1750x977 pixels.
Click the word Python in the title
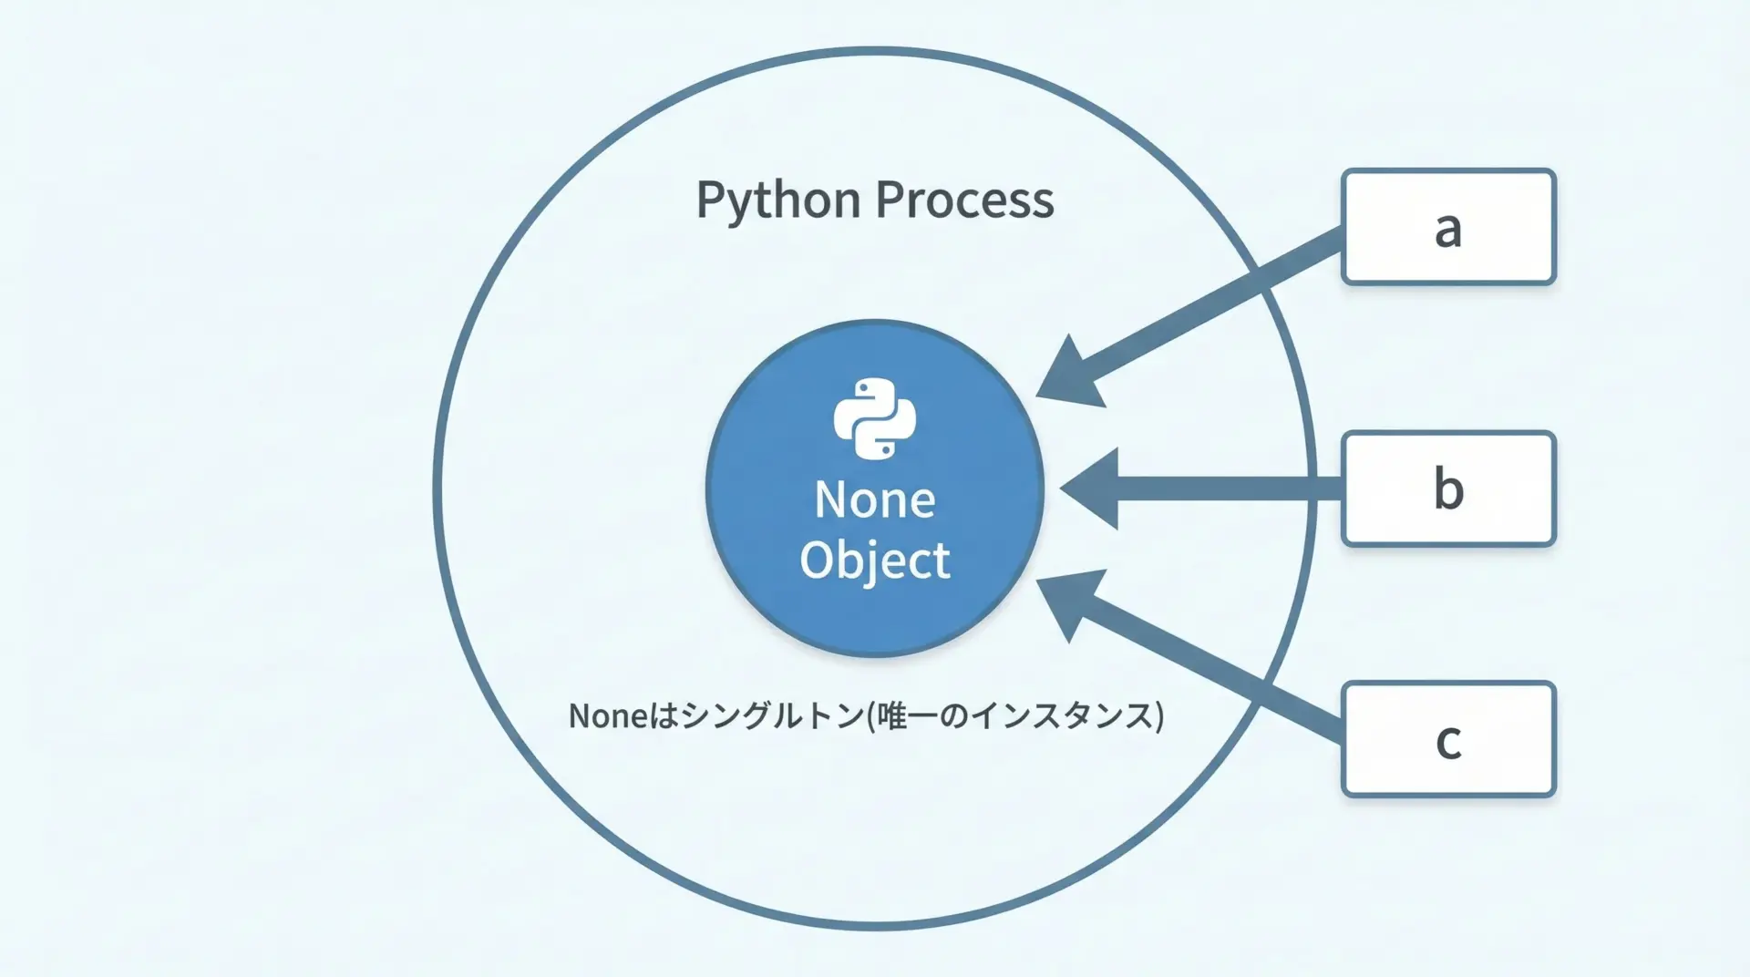(x=778, y=201)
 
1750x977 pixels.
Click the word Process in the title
(x=965, y=201)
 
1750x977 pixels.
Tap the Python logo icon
(x=875, y=418)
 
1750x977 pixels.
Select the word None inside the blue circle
(x=875, y=499)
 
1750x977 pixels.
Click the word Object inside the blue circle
(x=875, y=560)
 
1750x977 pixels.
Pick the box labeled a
(x=1448, y=227)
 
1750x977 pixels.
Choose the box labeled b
(x=1448, y=488)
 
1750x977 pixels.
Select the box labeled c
(x=1448, y=739)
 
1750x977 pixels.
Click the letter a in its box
(x=1448, y=229)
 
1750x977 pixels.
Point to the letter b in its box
(x=1448, y=488)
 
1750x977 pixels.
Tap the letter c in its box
(x=1448, y=741)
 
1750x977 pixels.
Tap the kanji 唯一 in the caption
(x=906, y=716)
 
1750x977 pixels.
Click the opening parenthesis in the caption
(x=870, y=716)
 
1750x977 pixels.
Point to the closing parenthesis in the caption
(x=1159, y=716)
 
